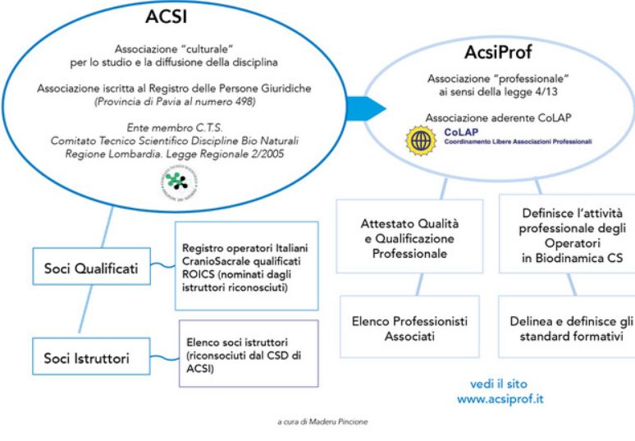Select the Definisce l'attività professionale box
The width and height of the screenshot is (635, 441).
coord(567,237)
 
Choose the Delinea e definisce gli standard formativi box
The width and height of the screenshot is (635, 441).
coord(567,327)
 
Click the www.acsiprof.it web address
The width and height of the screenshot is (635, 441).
coord(500,399)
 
